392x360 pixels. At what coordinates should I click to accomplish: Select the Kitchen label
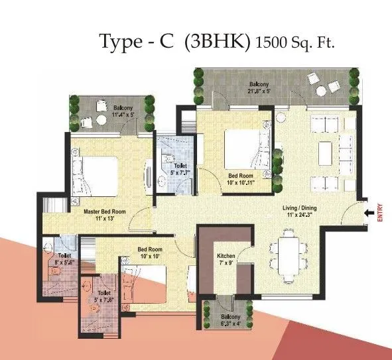[x=227, y=255]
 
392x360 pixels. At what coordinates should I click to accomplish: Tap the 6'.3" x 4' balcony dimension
[x=222, y=307]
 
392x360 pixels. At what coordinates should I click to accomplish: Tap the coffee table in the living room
[x=325, y=152]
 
